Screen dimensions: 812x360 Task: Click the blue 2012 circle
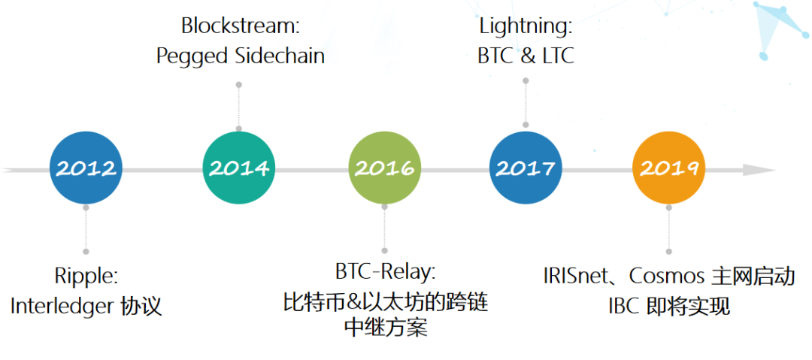pos(86,168)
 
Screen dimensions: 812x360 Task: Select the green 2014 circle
pos(239,168)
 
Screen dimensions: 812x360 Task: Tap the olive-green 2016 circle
pos(384,168)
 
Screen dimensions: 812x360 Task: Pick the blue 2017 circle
pos(526,168)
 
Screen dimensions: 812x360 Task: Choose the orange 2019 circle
pos(668,168)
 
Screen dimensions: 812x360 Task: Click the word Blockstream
pos(241,26)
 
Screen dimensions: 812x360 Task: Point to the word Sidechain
pos(282,56)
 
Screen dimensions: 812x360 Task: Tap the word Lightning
pos(526,26)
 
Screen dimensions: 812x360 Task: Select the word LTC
pos(557,56)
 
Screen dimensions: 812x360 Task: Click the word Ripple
pos(86,276)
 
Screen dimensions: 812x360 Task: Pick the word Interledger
pos(61,307)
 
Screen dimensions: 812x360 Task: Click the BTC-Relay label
pos(385,271)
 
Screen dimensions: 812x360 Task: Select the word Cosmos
pos(665,276)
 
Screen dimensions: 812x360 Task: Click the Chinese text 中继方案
pos(385,328)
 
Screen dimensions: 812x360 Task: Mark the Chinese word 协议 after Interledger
pos(141,307)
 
